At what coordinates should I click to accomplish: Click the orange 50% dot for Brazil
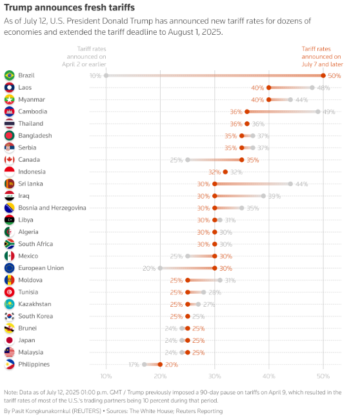pyautogui.click(x=323, y=75)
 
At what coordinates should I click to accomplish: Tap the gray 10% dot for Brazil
pyautogui.click(x=106, y=75)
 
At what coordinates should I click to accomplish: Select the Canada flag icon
pyautogui.click(x=9, y=160)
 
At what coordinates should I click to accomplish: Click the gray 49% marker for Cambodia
pyautogui.click(x=318, y=111)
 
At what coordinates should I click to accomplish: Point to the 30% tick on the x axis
pyautogui.click(x=215, y=376)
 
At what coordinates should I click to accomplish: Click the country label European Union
pyautogui.click(x=41, y=268)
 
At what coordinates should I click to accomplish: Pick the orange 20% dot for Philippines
pyautogui.click(x=160, y=365)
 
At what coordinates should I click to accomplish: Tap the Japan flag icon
pyautogui.click(x=9, y=340)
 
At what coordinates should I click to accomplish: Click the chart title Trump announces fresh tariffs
pyautogui.click(x=70, y=8)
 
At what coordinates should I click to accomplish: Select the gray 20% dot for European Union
pyautogui.click(x=160, y=268)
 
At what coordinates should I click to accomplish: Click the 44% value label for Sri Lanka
pyautogui.click(x=302, y=184)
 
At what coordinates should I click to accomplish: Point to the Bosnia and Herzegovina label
pyautogui.click(x=52, y=207)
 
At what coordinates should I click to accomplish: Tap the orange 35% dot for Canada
pyautogui.click(x=241, y=160)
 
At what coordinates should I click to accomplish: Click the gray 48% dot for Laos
pyautogui.click(x=312, y=88)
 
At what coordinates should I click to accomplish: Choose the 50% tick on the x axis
pyautogui.click(x=323, y=376)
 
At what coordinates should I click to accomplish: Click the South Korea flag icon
pyautogui.click(x=9, y=316)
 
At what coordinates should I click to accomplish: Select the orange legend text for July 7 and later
pyautogui.click(x=322, y=57)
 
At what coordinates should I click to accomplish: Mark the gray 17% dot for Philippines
pyautogui.click(x=144, y=365)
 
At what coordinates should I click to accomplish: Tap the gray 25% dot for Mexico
pyautogui.click(x=188, y=256)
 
